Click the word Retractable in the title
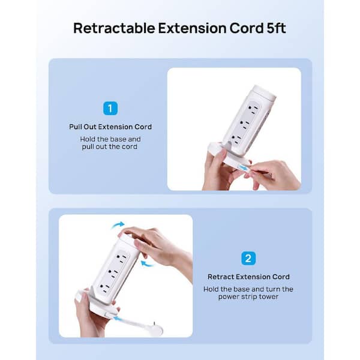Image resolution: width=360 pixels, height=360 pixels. [x=114, y=28]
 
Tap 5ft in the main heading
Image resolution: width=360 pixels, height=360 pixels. [x=277, y=28]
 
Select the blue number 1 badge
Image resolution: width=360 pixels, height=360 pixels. [x=110, y=108]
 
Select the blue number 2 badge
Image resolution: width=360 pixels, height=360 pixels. [x=248, y=258]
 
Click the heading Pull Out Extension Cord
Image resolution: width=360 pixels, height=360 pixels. [x=110, y=127]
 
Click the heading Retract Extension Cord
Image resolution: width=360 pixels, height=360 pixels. [x=248, y=277]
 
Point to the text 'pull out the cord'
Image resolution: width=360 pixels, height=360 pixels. [x=110, y=146]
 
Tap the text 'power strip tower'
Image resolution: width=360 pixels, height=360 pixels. [x=248, y=296]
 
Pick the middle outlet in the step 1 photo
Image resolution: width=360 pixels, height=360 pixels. [x=244, y=124]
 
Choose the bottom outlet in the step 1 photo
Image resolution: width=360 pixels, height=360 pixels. [x=237, y=139]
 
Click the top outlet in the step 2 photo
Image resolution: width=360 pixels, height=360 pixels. [x=122, y=259]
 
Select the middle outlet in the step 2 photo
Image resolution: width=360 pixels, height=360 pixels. [x=113, y=274]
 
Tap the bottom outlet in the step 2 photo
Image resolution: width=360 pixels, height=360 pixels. [x=104, y=288]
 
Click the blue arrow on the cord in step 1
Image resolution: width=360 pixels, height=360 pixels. [x=244, y=168]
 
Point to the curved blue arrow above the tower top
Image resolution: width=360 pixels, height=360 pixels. [x=118, y=225]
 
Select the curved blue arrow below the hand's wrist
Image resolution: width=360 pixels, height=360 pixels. [x=148, y=264]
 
